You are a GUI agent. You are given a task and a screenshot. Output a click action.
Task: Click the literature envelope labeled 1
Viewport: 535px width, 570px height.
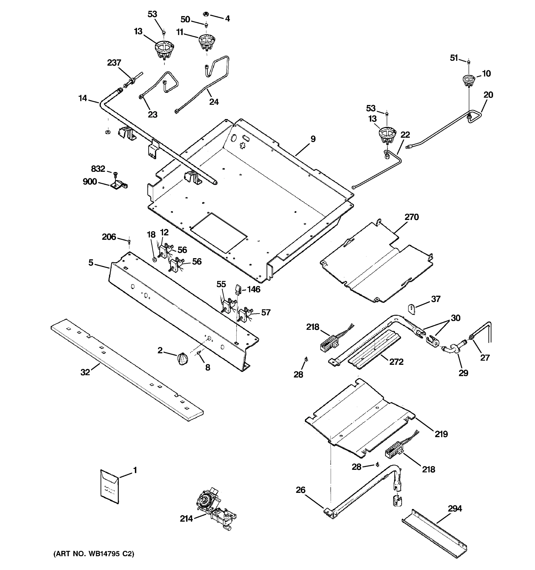pos(109,487)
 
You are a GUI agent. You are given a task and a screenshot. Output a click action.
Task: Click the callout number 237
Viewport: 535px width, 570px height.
pos(114,62)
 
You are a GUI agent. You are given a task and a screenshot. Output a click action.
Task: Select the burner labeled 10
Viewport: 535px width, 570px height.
pos(468,80)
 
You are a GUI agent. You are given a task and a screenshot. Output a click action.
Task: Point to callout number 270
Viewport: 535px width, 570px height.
pos(412,217)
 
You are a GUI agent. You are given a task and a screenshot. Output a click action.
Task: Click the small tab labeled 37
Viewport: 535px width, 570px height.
pos(412,309)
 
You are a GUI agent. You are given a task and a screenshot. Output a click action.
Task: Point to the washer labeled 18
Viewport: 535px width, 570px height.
pos(154,260)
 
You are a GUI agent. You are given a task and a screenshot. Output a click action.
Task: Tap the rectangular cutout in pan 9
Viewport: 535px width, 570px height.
pos(219,233)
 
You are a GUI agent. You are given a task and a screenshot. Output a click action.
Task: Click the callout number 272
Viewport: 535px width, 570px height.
pos(396,362)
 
